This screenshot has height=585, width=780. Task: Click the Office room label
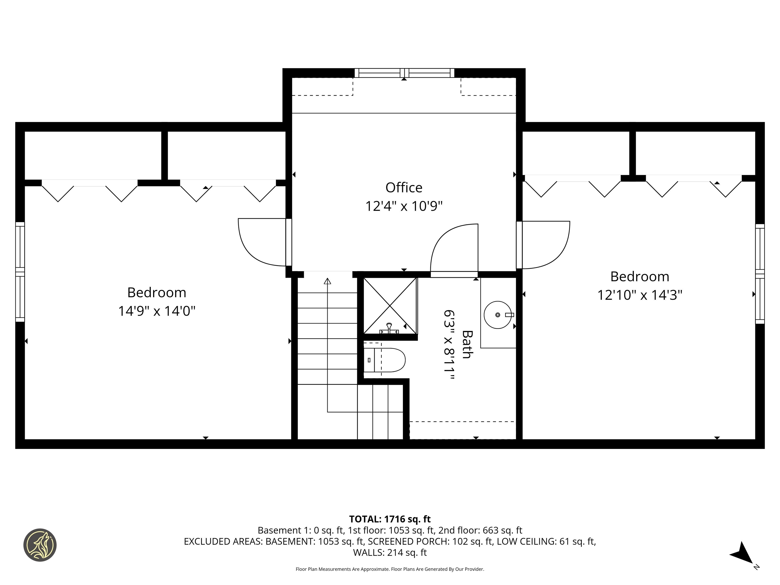(404, 188)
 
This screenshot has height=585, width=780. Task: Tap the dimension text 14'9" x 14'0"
(157, 311)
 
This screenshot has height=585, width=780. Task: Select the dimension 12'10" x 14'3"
(640, 295)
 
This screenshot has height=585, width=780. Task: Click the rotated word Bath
(467, 345)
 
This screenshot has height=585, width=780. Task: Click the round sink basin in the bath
(498, 315)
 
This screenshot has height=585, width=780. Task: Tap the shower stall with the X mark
(390, 306)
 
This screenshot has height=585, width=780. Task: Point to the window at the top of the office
(404, 73)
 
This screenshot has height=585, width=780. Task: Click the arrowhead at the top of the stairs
(327, 281)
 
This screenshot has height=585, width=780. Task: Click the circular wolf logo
(40, 545)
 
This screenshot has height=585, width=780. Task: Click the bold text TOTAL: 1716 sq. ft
(390, 519)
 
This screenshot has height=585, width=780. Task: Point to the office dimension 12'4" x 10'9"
(404, 206)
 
